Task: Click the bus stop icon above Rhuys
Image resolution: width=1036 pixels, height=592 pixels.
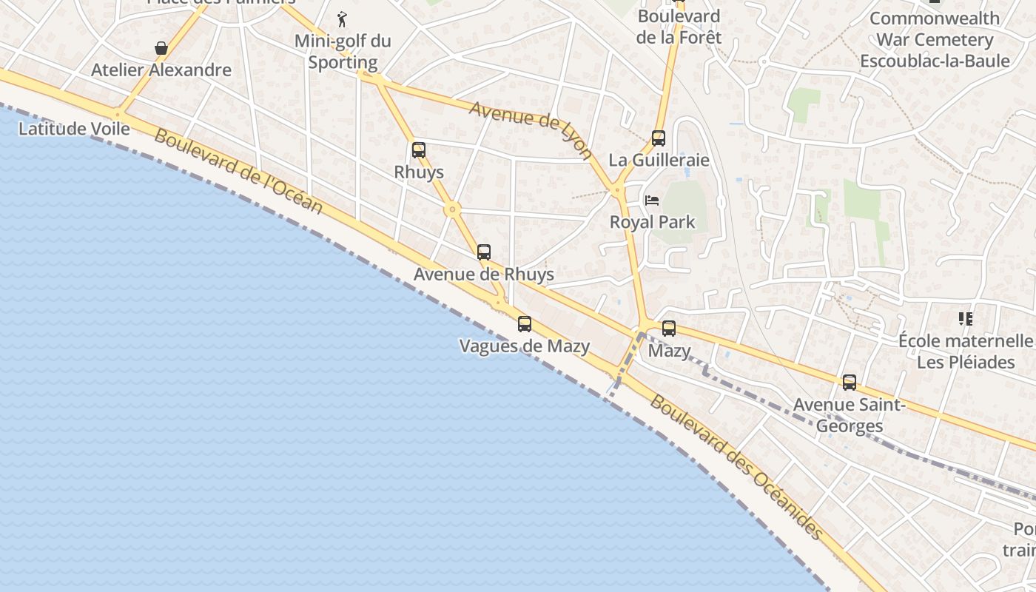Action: point(419,150)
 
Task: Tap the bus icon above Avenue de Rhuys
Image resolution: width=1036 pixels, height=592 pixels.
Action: point(484,252)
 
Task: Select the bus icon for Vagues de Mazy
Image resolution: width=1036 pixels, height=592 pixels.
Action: point(525,323)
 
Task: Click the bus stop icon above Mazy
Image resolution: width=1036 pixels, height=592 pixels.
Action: point(669,329)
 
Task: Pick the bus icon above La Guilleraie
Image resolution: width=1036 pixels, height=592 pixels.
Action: point(659,138)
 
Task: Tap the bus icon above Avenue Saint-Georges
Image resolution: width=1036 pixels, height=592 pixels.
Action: point(850,383)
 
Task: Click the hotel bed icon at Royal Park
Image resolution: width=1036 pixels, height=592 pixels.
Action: point(652,200)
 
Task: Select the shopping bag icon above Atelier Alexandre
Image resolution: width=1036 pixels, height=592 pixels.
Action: point(161,49)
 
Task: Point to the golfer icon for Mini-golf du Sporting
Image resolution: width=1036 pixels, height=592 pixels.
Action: point(342,19)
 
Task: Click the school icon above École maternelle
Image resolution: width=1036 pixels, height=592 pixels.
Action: point(965,319)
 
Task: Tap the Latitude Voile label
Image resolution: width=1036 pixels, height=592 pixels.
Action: point(74,129)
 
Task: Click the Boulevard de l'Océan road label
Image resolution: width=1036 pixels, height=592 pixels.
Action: point(238,172)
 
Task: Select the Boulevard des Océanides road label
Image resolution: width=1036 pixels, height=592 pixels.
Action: point(736,467)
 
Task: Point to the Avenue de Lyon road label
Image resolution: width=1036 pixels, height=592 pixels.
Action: point(531,130)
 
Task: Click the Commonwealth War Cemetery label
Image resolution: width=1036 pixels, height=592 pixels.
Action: point(934,39)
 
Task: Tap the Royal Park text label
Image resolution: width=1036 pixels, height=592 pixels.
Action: point(652,222)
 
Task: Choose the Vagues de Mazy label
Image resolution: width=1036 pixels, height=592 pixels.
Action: point(525,346)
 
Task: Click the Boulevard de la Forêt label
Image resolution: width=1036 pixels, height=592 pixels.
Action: point(679,26)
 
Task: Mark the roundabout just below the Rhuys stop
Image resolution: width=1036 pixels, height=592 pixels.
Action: point(453,210)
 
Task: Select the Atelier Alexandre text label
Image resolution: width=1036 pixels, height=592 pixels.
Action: point(161,70)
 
